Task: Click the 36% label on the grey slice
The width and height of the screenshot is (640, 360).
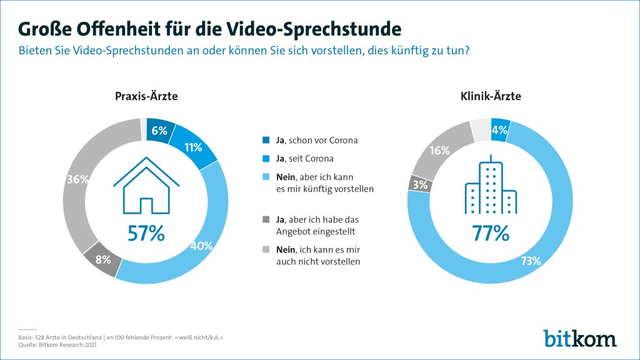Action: pos(77,179)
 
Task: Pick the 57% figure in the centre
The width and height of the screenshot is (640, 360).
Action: pos(146,233)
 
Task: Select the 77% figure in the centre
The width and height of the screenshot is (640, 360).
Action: pos(491,233)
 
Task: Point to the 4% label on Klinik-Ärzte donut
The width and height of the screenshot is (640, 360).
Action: pos(500,131)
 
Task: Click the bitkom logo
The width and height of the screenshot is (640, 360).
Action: pos(579,337)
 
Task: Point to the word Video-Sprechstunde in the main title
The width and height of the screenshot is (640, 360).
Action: pos(314,29)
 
